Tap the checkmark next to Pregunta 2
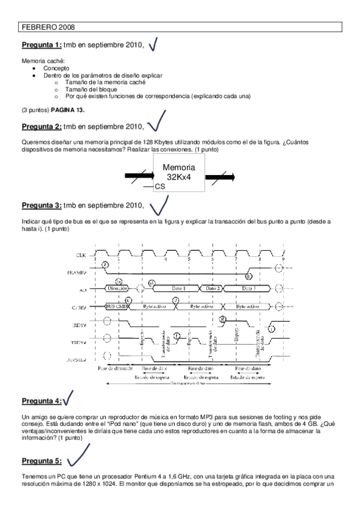156,122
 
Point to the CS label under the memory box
160,187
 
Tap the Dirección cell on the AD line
119,289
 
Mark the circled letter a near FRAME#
105,264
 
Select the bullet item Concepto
55,69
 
